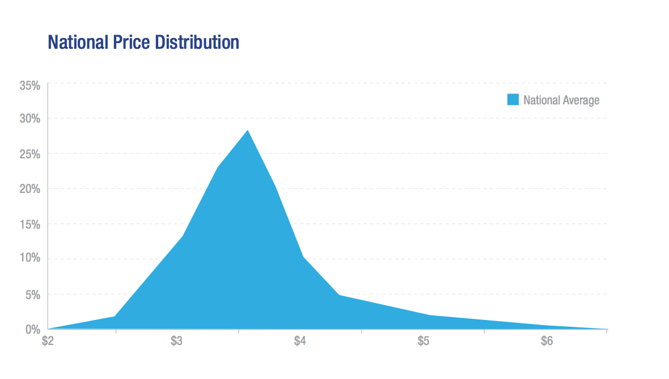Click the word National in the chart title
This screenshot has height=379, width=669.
[77, 43]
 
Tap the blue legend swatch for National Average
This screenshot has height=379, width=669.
[513, 100]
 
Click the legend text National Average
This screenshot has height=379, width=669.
[561, 100]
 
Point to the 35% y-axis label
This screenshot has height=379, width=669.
[29, 86]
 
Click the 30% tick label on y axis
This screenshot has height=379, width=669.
[29, 119]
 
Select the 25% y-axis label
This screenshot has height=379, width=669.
[29, 154]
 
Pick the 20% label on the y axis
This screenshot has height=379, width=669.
[29, 189]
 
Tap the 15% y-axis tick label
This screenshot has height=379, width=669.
[29, 224]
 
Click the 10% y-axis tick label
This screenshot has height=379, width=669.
[29, 259]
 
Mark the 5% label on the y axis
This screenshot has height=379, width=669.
[32, 294]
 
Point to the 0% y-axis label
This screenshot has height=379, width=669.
[32, 329]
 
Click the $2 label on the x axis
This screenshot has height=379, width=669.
[49, 342]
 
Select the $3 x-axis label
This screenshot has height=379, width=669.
[177, 342]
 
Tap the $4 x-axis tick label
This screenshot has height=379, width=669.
[300, 342]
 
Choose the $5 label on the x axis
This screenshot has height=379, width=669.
[424, 342]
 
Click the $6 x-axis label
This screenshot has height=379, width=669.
[547, 342]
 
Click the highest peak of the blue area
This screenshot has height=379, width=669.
[248, 131]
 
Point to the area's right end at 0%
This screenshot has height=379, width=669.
[606, 329]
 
